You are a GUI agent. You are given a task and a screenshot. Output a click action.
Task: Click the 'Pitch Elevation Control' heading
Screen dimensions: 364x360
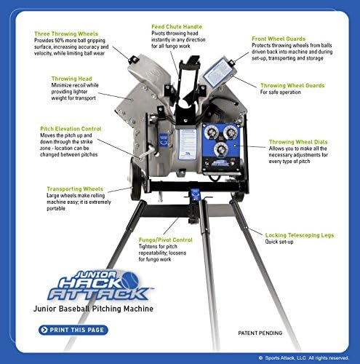tap(71, 129)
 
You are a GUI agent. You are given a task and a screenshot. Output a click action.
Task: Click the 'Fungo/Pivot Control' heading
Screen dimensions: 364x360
tap(165, 239)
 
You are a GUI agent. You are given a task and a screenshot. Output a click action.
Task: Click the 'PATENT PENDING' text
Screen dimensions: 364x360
tap(260, 333)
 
